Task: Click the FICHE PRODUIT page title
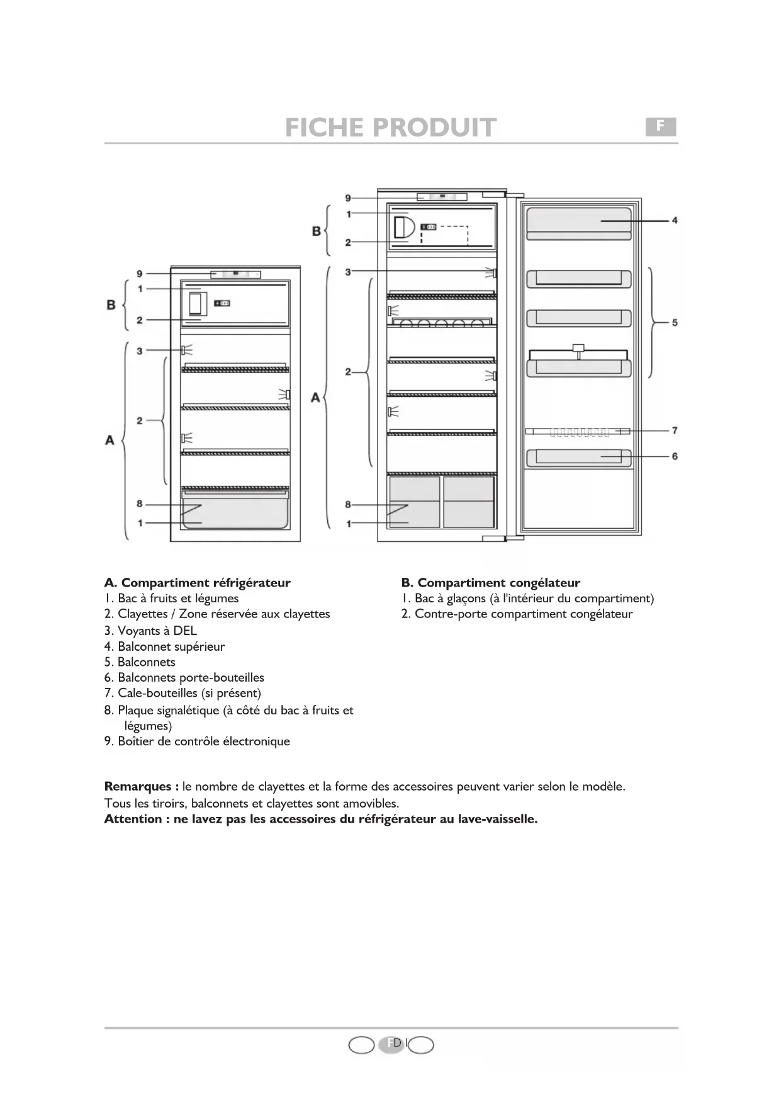click(390, 128)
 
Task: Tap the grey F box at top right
click(660, 127)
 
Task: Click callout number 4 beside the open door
click(674, 221)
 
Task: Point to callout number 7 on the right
click(674, 431)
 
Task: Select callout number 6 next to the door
click(674, 456)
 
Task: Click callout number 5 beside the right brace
click(674, 323)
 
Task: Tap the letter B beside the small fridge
click(111, 305)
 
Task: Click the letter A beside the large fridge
click(316, 398)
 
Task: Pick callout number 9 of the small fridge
click(140, 273)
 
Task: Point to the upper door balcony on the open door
click(578, 223)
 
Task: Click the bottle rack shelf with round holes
click(442, 324)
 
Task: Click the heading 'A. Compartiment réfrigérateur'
click(198, 583)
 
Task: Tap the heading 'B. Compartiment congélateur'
click(491, 583)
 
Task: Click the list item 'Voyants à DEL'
click(157, 631)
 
